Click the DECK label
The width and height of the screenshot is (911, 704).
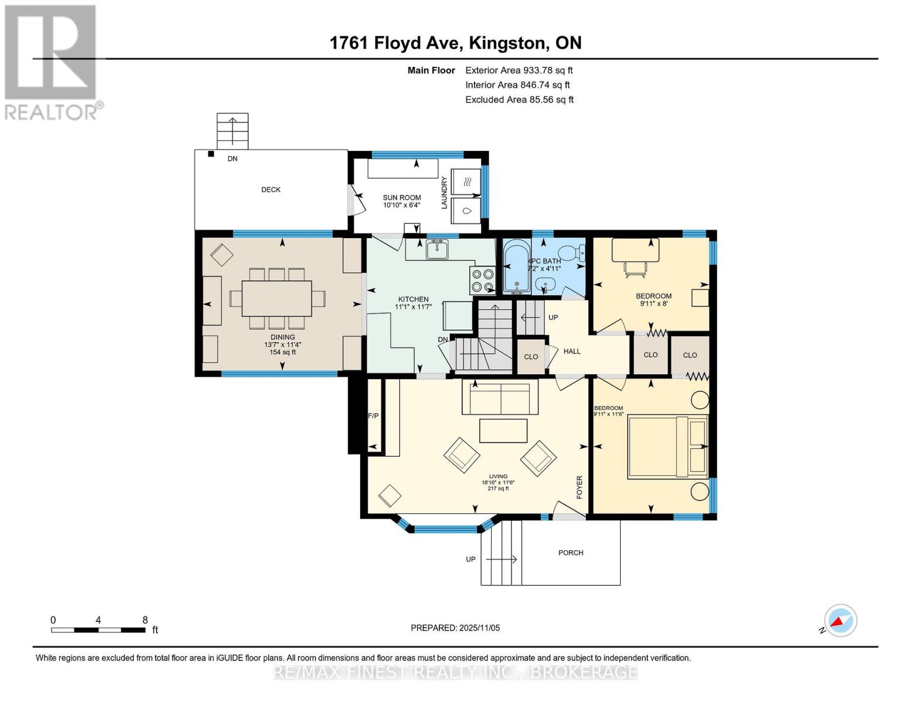point(270,189)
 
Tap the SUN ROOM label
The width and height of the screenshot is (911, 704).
point(402,198)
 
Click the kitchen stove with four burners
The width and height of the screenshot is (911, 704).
point(482,280)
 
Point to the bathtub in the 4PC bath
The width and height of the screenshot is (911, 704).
point(516,269)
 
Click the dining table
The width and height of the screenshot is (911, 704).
point(277,299)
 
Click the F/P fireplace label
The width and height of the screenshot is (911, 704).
point(373,416)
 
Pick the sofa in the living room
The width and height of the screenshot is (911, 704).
point(500,398)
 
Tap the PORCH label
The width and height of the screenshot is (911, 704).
point(571,553)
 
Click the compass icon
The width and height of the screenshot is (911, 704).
point(840,621)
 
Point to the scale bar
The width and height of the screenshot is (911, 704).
point(98,630)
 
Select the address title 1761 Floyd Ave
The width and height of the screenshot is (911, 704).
point(455,43)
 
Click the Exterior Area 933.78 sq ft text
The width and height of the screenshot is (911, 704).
point(519,70)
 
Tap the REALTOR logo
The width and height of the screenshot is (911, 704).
point(51,62)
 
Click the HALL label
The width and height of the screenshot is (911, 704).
point(572,351)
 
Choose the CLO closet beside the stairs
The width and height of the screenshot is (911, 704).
point(531,357)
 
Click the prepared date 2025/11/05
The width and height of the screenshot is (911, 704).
point(455,628)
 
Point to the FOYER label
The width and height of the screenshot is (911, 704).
point(579,487)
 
